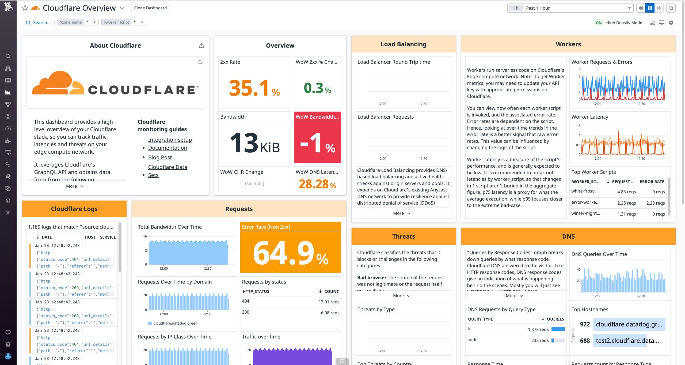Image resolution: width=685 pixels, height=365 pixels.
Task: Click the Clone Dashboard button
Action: click(x=150, y=8)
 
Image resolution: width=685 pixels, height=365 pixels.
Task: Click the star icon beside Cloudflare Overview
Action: click(x=25, y=8)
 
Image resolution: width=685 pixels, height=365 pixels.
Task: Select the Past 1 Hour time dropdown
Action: click(x=570, y=8)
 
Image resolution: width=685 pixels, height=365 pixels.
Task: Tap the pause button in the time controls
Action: click(x=650, y=8)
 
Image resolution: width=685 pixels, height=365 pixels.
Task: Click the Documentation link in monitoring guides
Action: click(x=168, y=148)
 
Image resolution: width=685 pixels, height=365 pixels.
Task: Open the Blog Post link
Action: click(x=160, y=157)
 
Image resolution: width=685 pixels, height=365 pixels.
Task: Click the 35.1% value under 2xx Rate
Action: click(x=254, y=88)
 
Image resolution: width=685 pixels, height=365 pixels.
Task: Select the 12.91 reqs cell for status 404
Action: click(x=329, y=302)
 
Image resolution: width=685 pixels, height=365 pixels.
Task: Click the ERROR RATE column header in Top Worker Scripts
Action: click(x=652, y=182)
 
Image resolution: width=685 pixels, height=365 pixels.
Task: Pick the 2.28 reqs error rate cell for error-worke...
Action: click(x=655, y=203)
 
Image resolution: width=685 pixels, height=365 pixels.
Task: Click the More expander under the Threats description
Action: click(x=401, y=296)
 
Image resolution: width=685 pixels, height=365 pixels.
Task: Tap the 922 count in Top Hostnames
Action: click(x=585, y=324)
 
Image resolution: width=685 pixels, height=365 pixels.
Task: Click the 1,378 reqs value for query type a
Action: click(x=538, y=329)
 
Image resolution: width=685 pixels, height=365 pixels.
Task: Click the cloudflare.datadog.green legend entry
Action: click(x=175, y=323)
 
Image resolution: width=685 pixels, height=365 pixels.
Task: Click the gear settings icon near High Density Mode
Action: click(x=671, y=23)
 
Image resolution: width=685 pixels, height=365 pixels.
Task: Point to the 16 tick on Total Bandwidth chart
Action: click(x=145, y=236)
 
